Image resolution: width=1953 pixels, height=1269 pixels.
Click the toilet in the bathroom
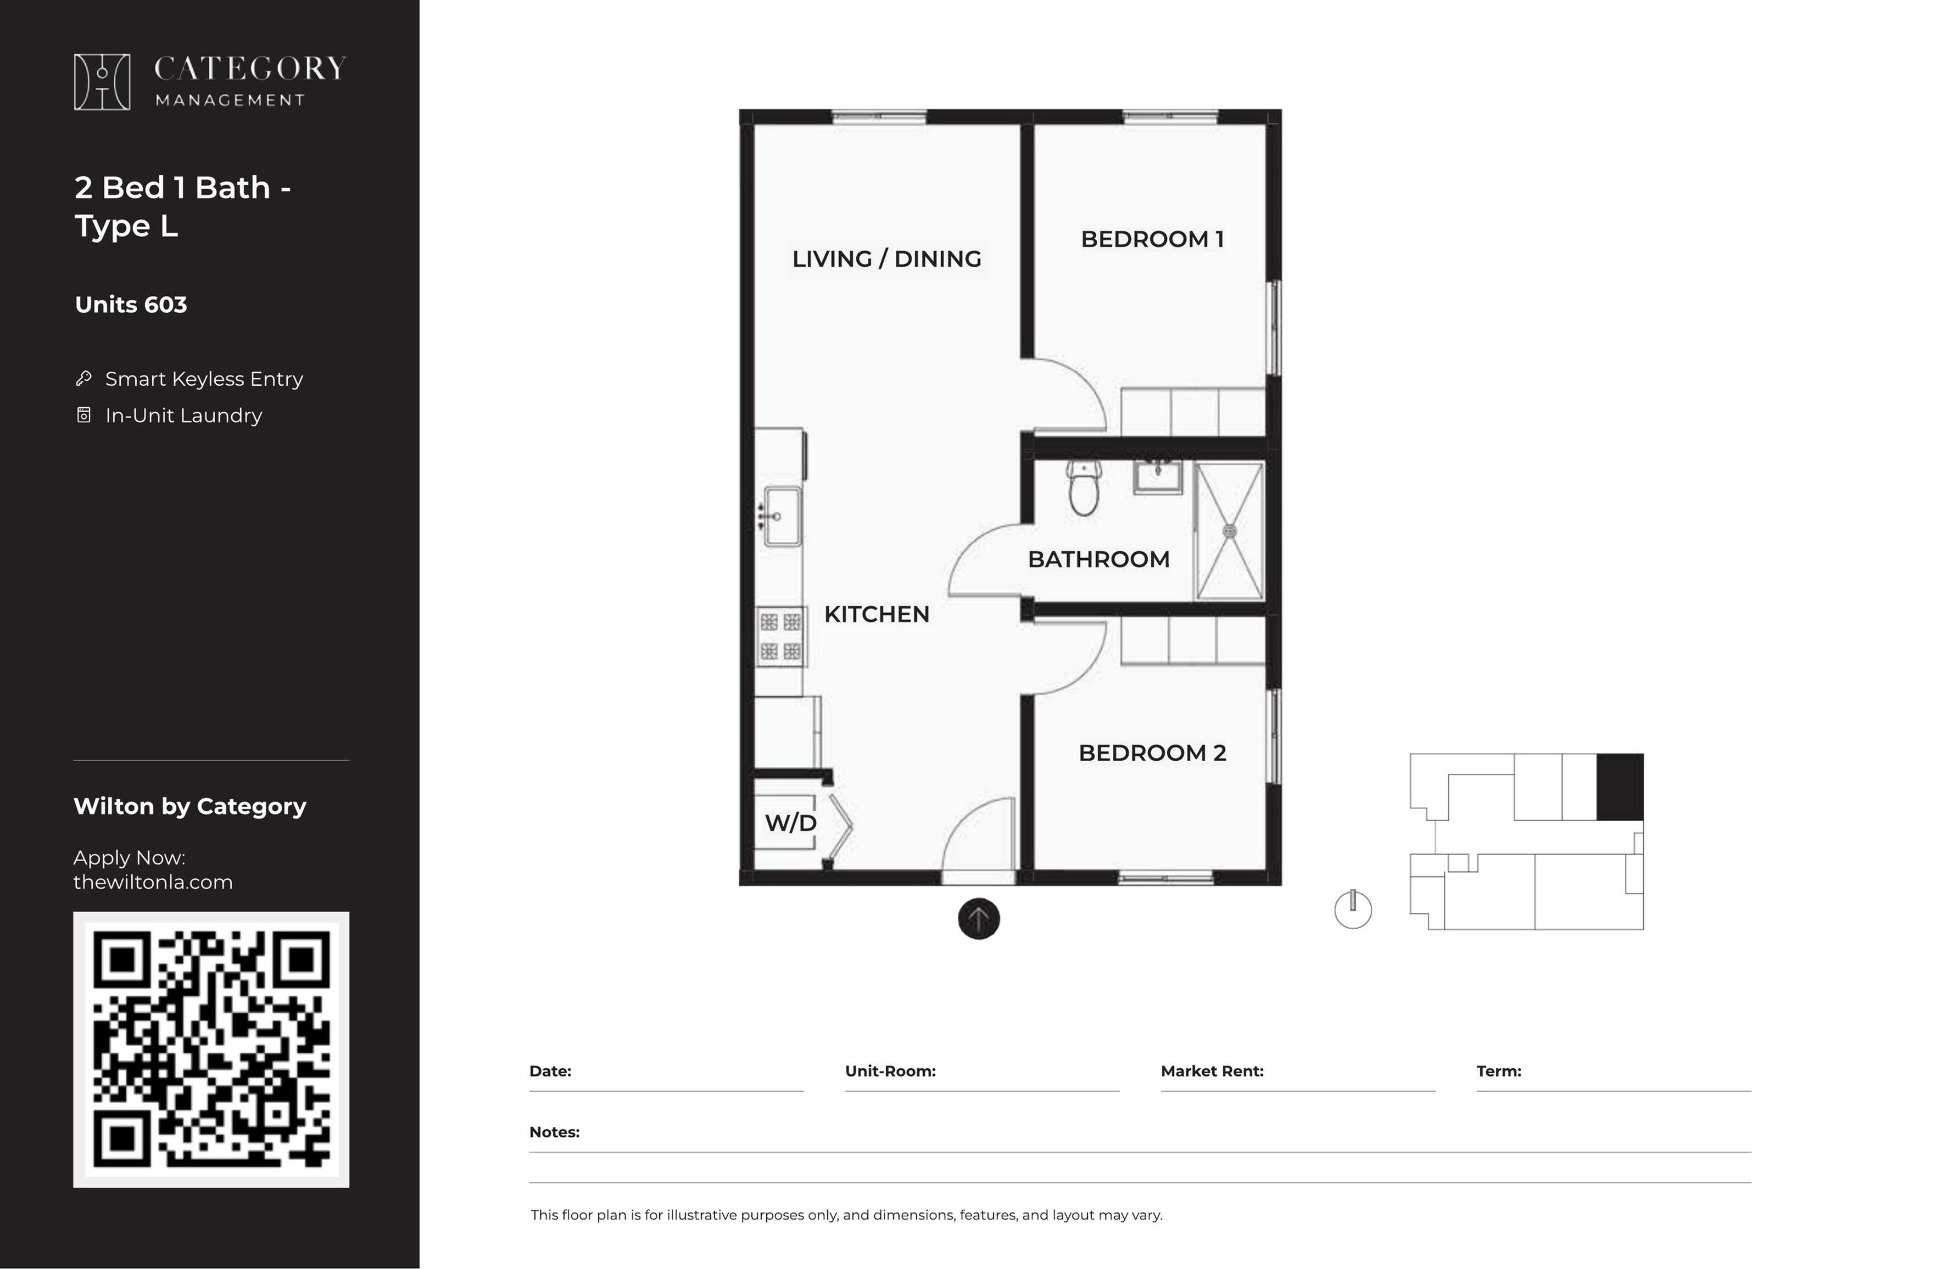(x=1084, y=487)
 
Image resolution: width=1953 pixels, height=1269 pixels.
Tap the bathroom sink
(x=1158, y=476)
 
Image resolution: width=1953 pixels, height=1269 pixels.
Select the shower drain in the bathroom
(x=1229, y=531)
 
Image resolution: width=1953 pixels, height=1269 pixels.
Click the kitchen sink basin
(x=783, y=516)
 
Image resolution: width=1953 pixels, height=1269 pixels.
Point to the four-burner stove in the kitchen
(x=780, y=637)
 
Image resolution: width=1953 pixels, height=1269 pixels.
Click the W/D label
(x=790, y=823)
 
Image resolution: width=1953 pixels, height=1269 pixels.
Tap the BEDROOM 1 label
(x=1152, y=239)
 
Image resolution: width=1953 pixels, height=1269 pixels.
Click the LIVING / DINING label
(x=886, y=259)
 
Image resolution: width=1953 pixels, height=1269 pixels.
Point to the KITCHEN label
(x=877, y=614)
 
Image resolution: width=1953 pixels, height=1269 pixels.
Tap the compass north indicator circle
(x=1353, y=909)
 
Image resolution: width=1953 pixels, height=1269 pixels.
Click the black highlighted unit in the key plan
(x=1620, y=787)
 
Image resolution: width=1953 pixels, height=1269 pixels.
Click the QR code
(x=211, y=1049)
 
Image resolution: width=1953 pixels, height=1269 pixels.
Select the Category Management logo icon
(x=102, y=82)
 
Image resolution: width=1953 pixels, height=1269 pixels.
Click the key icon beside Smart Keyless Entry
(x=83, y=378)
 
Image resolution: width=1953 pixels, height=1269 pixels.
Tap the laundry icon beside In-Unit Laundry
(x=83, y=415)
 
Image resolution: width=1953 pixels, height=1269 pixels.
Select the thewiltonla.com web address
(x=153, y=882)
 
